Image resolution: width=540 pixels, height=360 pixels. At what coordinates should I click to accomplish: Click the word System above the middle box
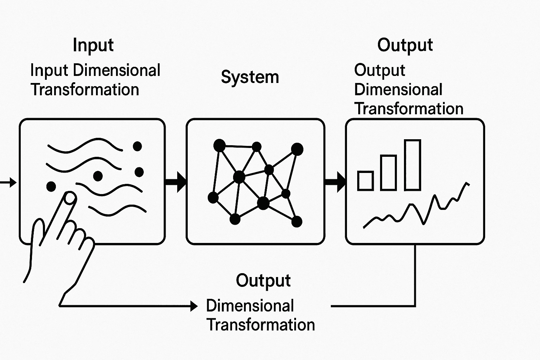pos(250,77)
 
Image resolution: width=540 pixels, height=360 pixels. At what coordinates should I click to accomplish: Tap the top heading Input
pos(93,45)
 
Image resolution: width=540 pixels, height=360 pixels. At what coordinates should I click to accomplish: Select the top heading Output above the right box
pos(405,45)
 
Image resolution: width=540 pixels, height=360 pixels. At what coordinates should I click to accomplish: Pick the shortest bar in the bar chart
pos(365,181)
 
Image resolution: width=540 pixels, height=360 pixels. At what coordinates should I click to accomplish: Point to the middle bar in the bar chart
pos(388,172)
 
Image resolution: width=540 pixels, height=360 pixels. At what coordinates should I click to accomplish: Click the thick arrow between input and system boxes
pos(175,182)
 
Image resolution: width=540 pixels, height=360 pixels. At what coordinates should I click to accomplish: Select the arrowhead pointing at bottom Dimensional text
pos(194,306)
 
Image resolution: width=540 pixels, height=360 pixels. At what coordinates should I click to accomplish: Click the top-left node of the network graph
pos(219,145)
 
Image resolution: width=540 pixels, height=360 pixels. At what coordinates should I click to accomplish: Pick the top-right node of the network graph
pos(297,149)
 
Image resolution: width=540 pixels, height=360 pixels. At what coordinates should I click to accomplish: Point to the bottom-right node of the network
pos(297,221)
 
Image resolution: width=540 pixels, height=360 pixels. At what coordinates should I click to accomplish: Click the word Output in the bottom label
pos(263,281)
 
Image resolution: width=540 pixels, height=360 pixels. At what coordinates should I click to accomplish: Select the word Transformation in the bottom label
pos(261,325)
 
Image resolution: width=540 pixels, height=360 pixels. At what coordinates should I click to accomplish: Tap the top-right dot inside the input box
pos(137,146)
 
